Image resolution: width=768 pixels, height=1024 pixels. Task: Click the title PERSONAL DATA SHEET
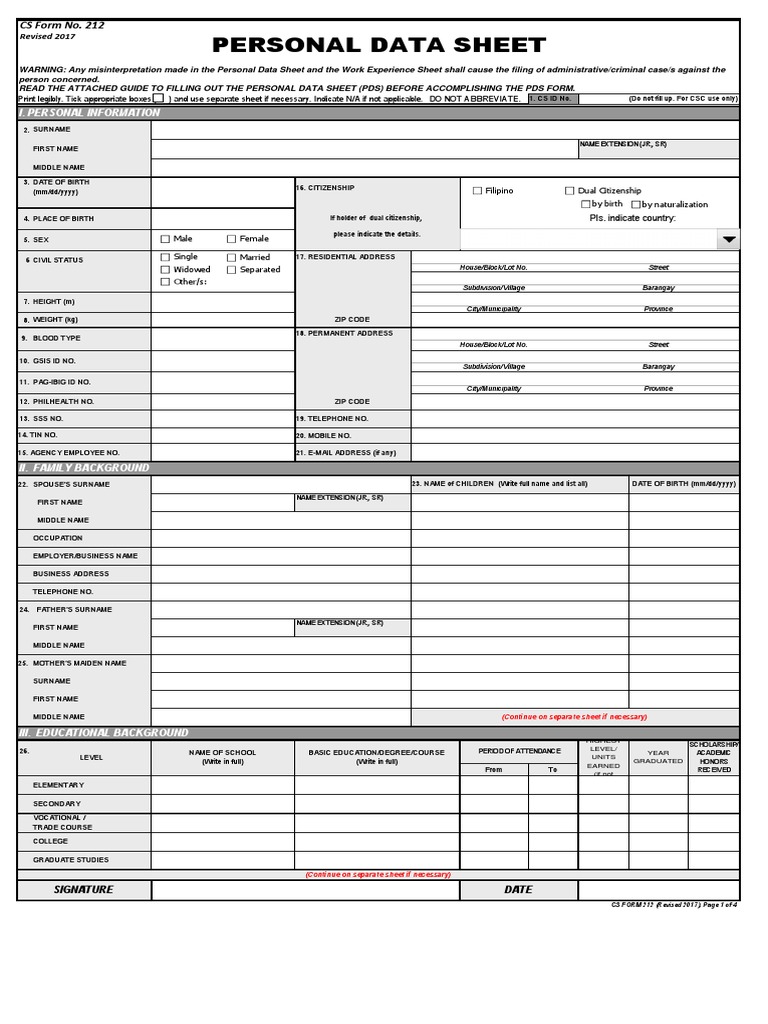379,45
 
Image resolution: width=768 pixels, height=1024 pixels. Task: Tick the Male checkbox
166,239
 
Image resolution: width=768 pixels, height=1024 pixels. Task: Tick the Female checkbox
232,239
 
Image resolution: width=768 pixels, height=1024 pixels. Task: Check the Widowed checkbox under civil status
166,270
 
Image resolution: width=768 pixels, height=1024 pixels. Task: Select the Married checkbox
232,257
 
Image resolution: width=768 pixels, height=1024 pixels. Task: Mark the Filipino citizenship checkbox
477,191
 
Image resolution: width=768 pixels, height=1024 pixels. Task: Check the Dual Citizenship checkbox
570,191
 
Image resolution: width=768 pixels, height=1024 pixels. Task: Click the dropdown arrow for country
729,240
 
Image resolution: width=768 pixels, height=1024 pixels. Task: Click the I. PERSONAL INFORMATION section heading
90,113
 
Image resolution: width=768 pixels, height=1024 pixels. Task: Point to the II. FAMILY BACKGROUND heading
85,468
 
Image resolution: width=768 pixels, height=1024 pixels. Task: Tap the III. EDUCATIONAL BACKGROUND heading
104,733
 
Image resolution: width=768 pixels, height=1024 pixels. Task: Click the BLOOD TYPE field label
56,339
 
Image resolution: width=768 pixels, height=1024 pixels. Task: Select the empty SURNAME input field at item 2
445,129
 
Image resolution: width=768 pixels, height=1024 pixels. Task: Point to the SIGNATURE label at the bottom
84,889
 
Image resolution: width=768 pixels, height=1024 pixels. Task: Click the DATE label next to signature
518,889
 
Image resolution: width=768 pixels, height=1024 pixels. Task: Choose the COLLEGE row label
50,842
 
